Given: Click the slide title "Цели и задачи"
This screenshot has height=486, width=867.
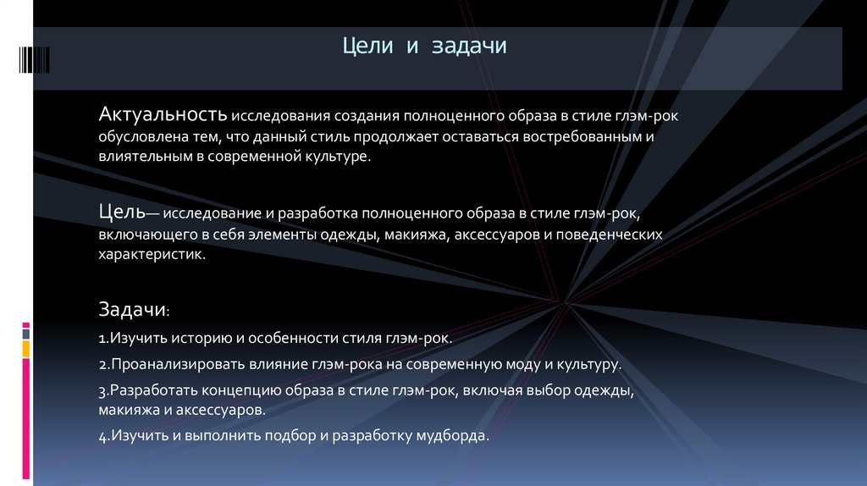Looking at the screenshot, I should pyautogui.click(x=424, y=47).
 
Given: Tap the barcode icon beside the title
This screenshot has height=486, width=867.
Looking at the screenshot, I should pyautogui.click(x=33, y=58).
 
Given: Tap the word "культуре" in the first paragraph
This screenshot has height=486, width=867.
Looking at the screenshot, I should pyautogui.click(x=339, y=157).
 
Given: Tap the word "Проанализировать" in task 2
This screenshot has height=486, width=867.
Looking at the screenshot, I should pyautogui.click(x=162, y=366).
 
